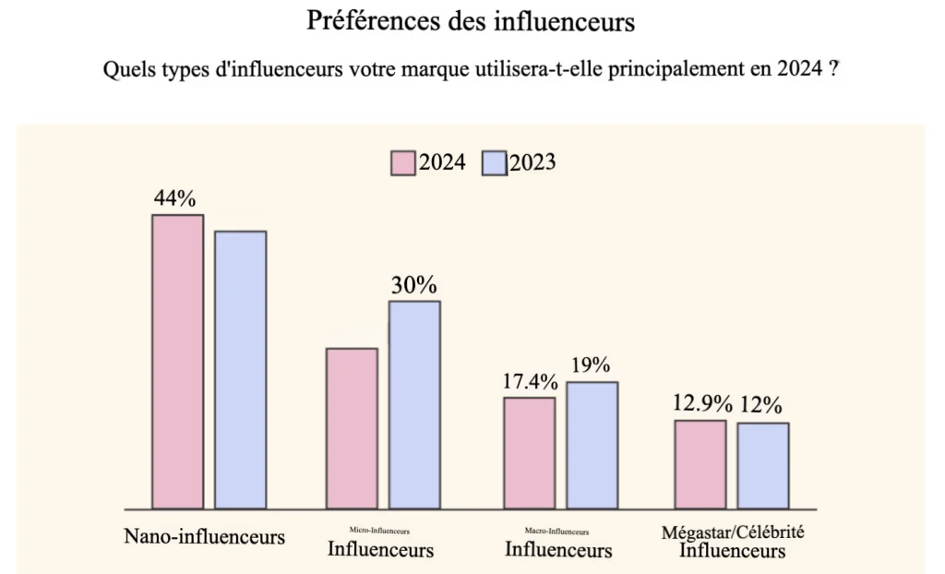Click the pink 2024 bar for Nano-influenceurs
click(177, 362)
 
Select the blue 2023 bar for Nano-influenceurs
click(240, 369)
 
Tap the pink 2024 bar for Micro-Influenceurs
click(353, 428)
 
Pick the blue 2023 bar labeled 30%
click(414, 404)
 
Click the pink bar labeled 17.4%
click(529, 452)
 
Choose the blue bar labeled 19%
click(592, 445)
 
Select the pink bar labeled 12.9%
click(700, 464)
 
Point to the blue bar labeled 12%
click(762, 465)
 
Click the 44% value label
click(175, 198)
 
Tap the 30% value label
click(413, 285)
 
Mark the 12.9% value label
click(702, 404)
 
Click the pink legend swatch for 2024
click(402, 162)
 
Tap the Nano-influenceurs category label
click(204, 536)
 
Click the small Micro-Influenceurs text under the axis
click(379, 532)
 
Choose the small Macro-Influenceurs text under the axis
click(556, 532)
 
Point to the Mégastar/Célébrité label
click(734, 532)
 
